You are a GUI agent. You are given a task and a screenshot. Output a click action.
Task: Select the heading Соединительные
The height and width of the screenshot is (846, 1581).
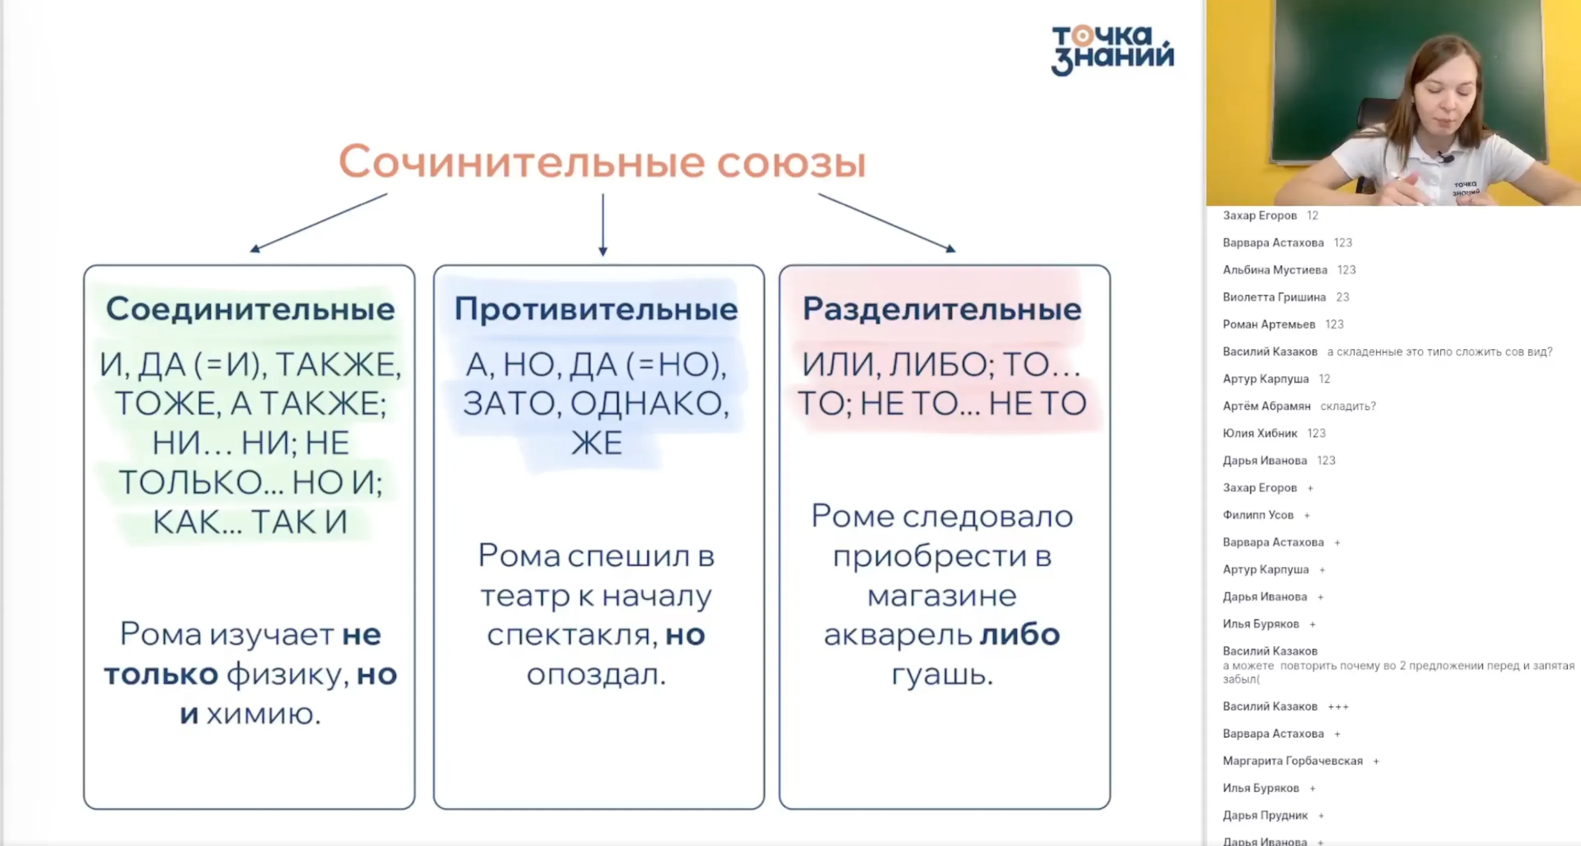[x=250, y=308]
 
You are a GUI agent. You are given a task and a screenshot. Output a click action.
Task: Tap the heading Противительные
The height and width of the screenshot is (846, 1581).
[x=596, y=308]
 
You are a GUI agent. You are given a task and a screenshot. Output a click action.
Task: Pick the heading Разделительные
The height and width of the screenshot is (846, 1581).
[x=941, y=308]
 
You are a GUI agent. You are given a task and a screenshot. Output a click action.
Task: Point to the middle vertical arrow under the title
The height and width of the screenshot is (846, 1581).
[x=603, y=224]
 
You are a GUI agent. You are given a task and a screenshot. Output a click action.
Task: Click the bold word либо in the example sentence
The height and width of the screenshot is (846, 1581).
[x=1019, y=635]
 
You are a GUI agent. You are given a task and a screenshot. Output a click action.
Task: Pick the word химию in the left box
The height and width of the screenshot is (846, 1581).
[x=263, y=714]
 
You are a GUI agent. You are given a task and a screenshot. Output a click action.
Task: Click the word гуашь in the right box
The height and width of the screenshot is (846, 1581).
[x=941, y=674]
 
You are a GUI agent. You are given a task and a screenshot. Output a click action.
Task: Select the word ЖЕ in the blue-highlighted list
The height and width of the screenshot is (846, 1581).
[x=597, y=443]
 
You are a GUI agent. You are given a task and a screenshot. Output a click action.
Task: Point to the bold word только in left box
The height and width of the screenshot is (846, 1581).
[x=161, y=675]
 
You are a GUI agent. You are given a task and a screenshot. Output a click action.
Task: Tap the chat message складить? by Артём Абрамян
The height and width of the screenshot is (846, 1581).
[x=1348, y=406]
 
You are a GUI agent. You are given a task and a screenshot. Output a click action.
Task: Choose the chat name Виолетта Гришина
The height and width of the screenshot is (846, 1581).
[x=1274, y=297]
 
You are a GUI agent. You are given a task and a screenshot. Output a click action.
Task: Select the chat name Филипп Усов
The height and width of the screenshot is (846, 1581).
[x=1258, y=515]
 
